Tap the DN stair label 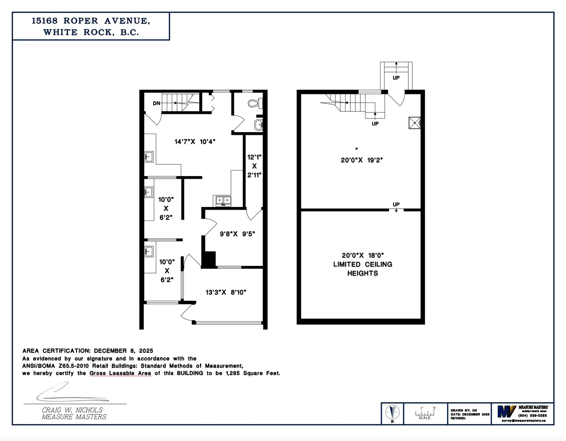[x=156, y=103]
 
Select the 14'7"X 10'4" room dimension [x=195, y=142]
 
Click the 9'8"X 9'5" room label [x=237, y=234]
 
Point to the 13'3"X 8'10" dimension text [x=226, y=292]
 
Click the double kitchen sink [x=223, y=201]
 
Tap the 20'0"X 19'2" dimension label [x=362, y=160]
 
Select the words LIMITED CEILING [x=363, y=264]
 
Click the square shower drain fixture [x=414, y=123]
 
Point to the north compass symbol [x=392, y=412]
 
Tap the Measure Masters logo [x=506, y=411]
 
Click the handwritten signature [x=71, y=393]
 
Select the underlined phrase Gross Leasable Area [x=120, y=373]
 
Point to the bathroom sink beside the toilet [x=259, y=125]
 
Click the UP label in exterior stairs [x=396, y=78]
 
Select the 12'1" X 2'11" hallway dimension [x=254, y=166]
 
